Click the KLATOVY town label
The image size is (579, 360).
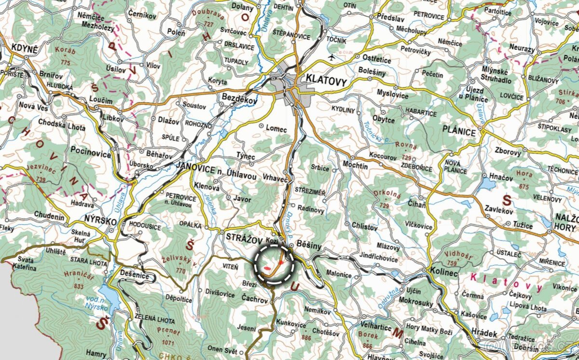326,82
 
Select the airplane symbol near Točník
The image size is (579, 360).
331,57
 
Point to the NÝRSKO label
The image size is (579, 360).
100,221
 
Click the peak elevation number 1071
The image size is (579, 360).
167,342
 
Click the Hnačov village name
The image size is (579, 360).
501,178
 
